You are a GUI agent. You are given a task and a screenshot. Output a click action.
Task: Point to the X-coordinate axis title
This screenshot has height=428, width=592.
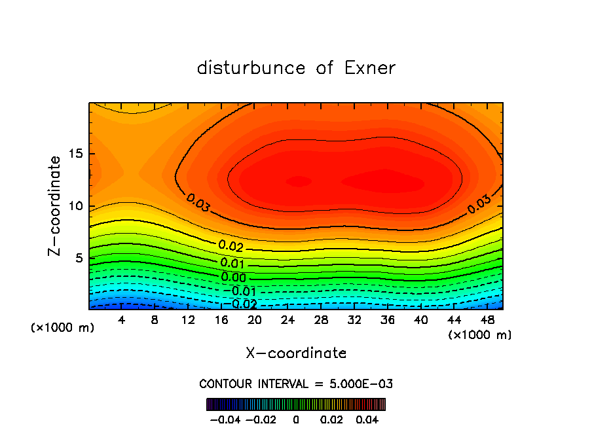tap(296, 353)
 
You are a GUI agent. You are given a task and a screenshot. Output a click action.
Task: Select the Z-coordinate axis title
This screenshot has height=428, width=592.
tap(56, 206)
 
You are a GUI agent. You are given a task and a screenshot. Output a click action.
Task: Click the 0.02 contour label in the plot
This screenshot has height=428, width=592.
tap(231, 246)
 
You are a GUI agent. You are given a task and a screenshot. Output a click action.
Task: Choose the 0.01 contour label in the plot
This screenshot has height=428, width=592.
tap(232, 263)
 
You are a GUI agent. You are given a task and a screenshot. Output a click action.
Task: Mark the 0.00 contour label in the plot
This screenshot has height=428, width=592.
tap(233, 277)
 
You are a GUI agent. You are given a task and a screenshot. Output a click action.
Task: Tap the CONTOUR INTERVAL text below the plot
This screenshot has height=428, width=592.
tap(296, 383)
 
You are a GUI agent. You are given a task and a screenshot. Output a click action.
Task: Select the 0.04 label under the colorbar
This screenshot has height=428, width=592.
tap(368, 419)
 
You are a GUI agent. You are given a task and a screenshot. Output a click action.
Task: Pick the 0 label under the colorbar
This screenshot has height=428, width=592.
tap(296, 419)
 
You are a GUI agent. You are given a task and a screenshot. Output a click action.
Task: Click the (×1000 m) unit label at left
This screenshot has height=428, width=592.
tap(63, 327)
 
